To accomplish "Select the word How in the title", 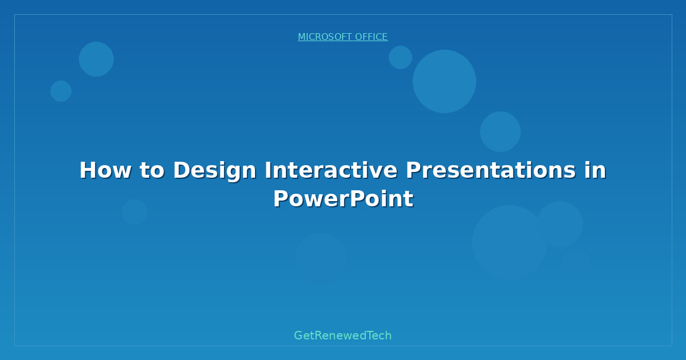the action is click(106, 170).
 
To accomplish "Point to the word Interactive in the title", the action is click(331, 170).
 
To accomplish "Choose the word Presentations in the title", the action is click(490, 170).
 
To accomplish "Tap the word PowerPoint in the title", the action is click(344, 199).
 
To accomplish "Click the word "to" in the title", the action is click(152, 171).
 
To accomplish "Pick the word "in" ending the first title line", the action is click(595, 170).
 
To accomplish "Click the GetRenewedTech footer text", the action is click(342, 335).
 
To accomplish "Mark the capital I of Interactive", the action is click(268, 170).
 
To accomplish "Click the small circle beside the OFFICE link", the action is click(400, 57).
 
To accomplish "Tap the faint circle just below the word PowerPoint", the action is click(321, 259).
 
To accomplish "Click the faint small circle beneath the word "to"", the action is click(135, 212).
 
